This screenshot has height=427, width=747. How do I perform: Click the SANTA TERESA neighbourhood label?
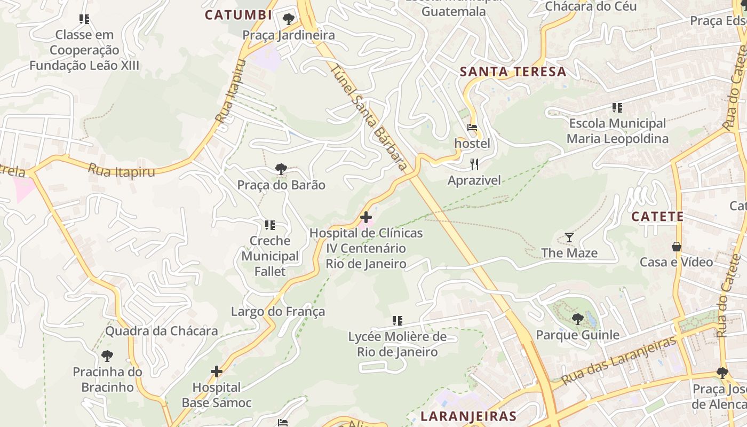click(513, 72)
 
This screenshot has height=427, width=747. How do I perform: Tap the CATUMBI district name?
click(239, 15)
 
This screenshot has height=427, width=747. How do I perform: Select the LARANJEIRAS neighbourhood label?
click(468, 416)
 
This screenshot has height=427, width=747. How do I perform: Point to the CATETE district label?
click(657, 216)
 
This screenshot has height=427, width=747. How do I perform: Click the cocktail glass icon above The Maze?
click(569, 237)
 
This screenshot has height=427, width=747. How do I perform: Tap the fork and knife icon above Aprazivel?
click(474, 164)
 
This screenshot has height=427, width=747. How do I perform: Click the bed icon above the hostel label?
click(472, 128)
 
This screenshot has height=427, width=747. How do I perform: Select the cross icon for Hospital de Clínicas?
click(366, 217)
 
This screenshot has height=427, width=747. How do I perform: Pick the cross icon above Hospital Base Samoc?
click(217, 371)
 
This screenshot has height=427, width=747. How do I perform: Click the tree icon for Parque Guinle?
click(577, 319)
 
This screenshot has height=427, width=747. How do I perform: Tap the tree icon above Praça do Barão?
click(281, 169)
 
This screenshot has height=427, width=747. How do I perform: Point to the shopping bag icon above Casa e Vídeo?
click(676, 247)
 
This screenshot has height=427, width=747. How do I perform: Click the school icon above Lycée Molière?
click(397, 321)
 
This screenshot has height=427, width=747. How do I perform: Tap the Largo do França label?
click(277, 311)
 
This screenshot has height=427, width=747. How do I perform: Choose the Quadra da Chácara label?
click(161, 331)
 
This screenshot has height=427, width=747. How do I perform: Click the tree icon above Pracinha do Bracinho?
click(107, 355)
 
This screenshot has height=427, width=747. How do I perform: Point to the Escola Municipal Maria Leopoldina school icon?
click(617, 108)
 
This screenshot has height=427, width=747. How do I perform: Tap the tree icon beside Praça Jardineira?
click(288, 20)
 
